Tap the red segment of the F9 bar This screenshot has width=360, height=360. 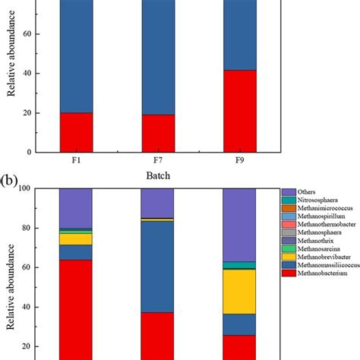pyautogui.click(x=239, y=111)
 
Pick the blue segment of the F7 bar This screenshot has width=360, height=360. pyautogui.click(x=157, y=57)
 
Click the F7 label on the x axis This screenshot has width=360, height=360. pyautogui.click(x=157, y=163)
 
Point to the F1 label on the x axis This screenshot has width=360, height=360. pyautogui.click(x=76, y=163)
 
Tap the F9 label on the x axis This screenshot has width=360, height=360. pyautogui.click(x=239, y=163)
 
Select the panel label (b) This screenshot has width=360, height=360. pyautogui.click(x=13, y=183)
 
